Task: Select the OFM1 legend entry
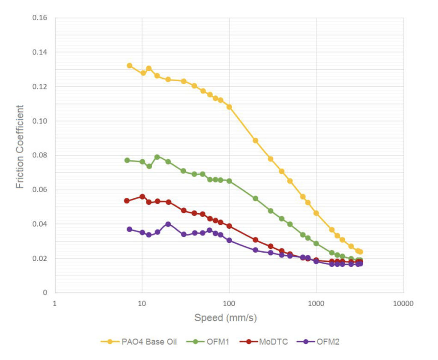coord(210,342)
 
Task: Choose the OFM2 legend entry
coord(321,342)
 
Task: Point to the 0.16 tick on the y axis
coord(40,18)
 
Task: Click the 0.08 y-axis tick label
coord(40,155)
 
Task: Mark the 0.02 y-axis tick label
coord(40,258)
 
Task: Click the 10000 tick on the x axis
coord(403,304)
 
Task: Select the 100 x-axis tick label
coord(229,304)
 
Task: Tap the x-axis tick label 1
coord(55,304)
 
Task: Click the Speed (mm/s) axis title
coord(225,318)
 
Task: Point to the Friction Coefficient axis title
coord(20,147)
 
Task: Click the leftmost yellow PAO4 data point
coord(129,65)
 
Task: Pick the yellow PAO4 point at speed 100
coord(229,107)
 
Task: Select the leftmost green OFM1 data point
coord(127,160)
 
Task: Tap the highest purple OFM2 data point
coord(168,224)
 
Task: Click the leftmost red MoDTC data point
coord(127,201)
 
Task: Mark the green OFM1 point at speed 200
coord(255,198)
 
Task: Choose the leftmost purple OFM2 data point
coord(129,229)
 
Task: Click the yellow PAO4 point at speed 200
coord(255,140)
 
